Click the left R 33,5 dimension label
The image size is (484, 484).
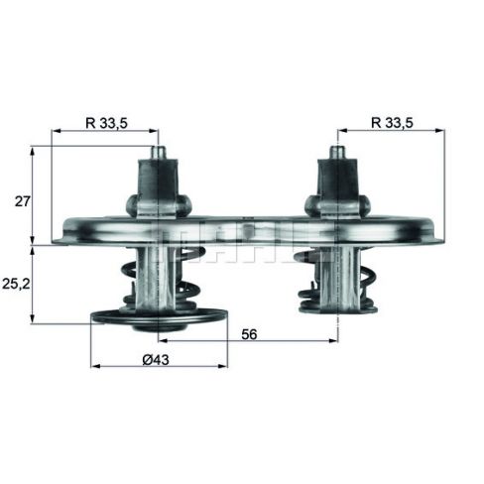click(106, 123)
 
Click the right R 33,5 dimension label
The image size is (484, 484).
click(392, 123)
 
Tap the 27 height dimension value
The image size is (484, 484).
click(23, 201)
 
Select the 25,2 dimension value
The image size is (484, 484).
click(16, 284)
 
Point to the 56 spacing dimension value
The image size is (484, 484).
click(249, 334)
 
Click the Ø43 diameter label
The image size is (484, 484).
click(156, 360)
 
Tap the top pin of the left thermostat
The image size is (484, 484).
click(159, 153)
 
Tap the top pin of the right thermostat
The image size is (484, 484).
click(338, 153)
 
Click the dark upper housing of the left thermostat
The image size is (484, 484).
click(158, 179)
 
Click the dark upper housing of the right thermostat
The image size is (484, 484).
click(338, 179)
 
